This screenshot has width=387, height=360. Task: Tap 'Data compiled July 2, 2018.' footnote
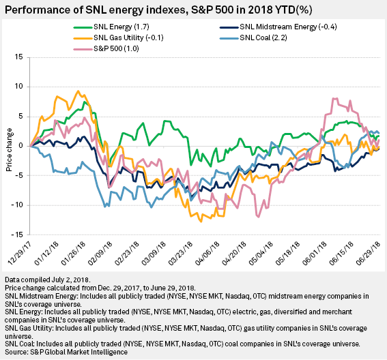[x=48, y=281]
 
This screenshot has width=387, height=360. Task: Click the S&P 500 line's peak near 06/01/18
[x=334, y=98]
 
